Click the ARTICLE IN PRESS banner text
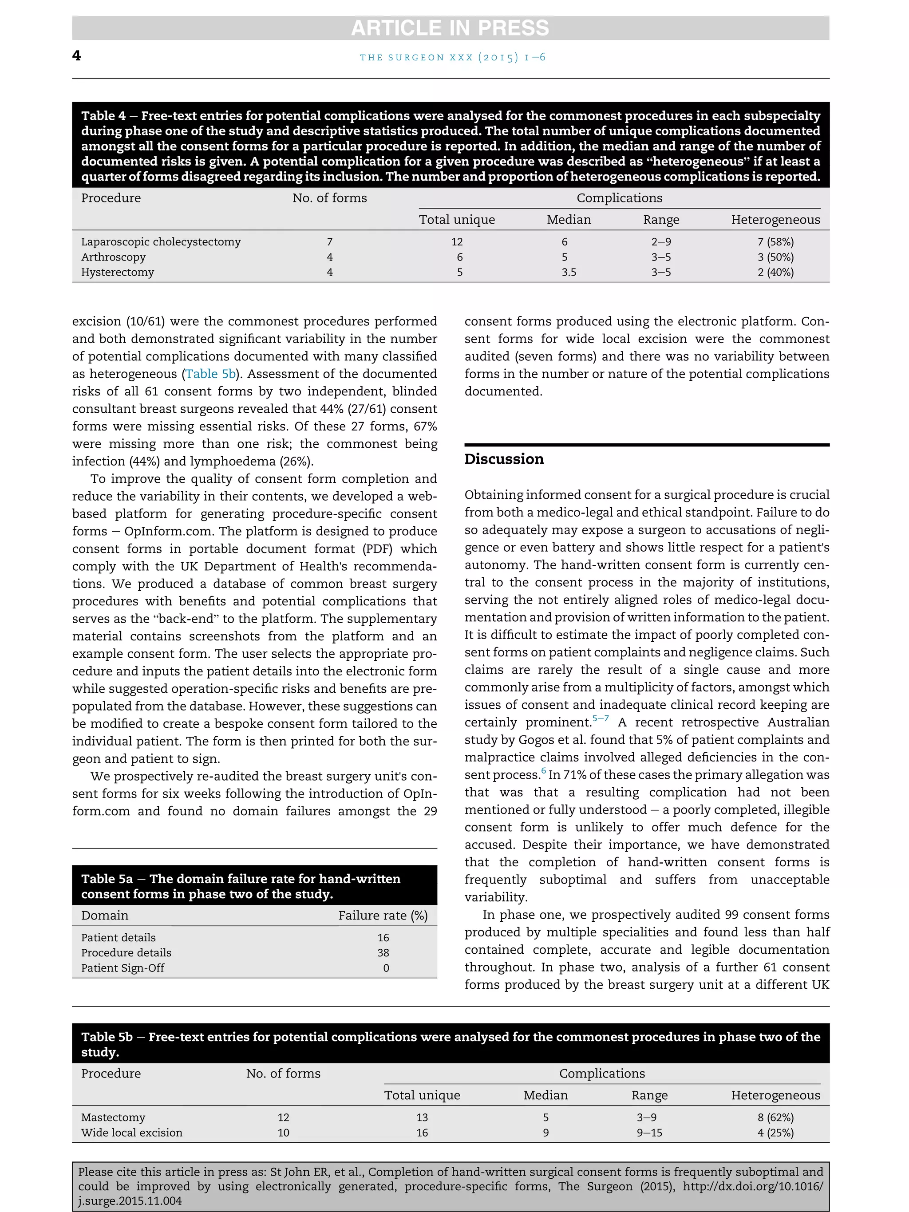[450, 28]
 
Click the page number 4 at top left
[77, 55]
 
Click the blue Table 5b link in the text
[210, 374]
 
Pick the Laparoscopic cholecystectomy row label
[161, 241]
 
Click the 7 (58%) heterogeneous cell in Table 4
[775, 241]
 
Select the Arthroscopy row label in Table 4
[114, 257]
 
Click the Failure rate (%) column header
[383, 915]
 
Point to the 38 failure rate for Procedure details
[383, 952]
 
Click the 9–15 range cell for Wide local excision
[649, 1133]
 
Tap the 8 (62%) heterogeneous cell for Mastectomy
[775, 1117]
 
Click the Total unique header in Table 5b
[422, 1095]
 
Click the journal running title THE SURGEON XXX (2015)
[453, 57]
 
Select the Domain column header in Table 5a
[105, 915]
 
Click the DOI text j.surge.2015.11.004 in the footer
[130, 1200]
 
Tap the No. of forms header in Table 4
[329, 198]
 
